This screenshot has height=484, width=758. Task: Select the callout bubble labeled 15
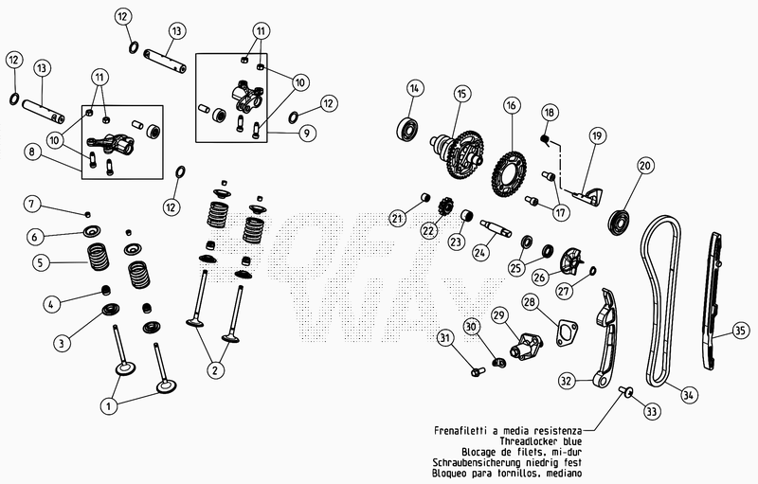point(461,94)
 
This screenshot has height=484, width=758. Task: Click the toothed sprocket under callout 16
point(510,170)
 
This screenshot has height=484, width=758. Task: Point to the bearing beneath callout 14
point(409,127)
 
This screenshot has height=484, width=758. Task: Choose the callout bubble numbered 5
point(38,261)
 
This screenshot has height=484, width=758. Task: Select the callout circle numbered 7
point(32,204)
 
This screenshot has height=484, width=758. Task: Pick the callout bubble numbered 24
point(482,254)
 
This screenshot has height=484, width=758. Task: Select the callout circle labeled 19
point(596,136)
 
